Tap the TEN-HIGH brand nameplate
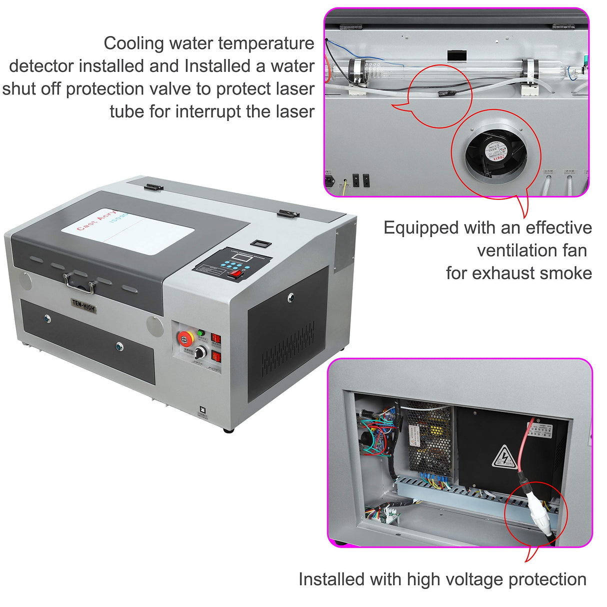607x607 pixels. click(x=83, y=304)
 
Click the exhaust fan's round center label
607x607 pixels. click(x=495, y=152)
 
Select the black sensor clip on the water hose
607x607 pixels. click(x=442, y=93)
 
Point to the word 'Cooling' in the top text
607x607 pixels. click(x=134, y=43)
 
